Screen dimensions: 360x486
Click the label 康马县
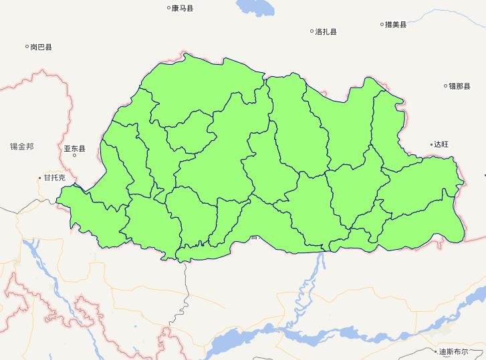[183, 9]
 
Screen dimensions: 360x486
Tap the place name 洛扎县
[326, 31]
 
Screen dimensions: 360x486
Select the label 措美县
[396, 25]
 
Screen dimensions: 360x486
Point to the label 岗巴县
[41, 47]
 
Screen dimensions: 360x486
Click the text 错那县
[461, 85]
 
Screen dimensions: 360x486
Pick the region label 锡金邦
[21, 146]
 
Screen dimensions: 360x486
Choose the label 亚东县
[75, 148]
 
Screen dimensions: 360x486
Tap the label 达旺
[442, 144]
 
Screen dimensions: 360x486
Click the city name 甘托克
[54, 178]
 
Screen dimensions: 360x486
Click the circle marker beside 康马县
[168, 9]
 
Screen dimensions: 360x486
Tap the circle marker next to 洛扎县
[312, 31]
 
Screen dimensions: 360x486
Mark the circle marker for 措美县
[382, 25]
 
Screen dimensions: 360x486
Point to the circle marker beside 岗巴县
[27, 47]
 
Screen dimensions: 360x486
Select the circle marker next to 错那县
[446, 85]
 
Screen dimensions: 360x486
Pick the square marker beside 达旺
[432, 144]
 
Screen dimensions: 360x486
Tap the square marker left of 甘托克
[40, 178]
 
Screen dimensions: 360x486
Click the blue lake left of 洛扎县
[254, 7]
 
